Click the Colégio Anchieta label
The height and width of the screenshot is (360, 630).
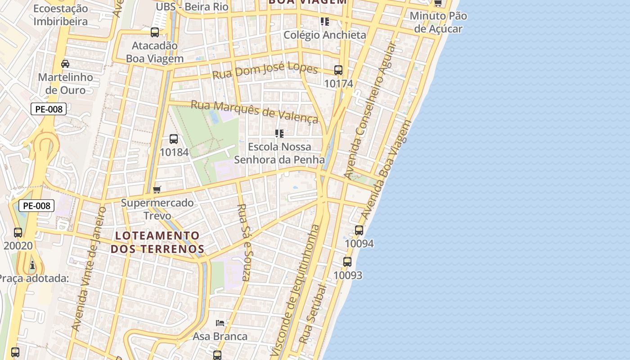click(324, 35)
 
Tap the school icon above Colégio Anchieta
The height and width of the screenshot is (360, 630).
click(324, 22)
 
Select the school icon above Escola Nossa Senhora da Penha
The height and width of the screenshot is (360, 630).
click(279, 134)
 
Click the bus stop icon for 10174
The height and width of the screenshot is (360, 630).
click(338, 70)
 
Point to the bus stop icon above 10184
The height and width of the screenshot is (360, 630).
click(174, 139)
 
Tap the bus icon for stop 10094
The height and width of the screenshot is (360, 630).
click(359, 230)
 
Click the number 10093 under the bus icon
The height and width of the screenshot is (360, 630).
click(347, 275)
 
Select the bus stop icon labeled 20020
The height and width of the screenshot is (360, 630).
click(18, 233)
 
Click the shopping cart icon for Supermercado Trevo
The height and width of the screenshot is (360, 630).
click(157, 189)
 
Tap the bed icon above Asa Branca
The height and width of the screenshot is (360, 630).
click(220, 323)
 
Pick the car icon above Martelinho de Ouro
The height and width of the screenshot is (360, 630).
click(65, 63)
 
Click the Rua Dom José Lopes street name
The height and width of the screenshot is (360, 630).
click(265, 71)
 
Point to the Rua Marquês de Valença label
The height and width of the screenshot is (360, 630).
click(254, 111)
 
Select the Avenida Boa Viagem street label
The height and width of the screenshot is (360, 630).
click(387, 170)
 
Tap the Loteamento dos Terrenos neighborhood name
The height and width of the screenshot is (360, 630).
click(157, 242)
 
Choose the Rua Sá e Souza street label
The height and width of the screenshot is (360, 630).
click(243, 242)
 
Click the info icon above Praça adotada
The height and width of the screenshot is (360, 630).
click(32, 265)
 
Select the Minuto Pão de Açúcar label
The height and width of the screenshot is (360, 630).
click(438, 22)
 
